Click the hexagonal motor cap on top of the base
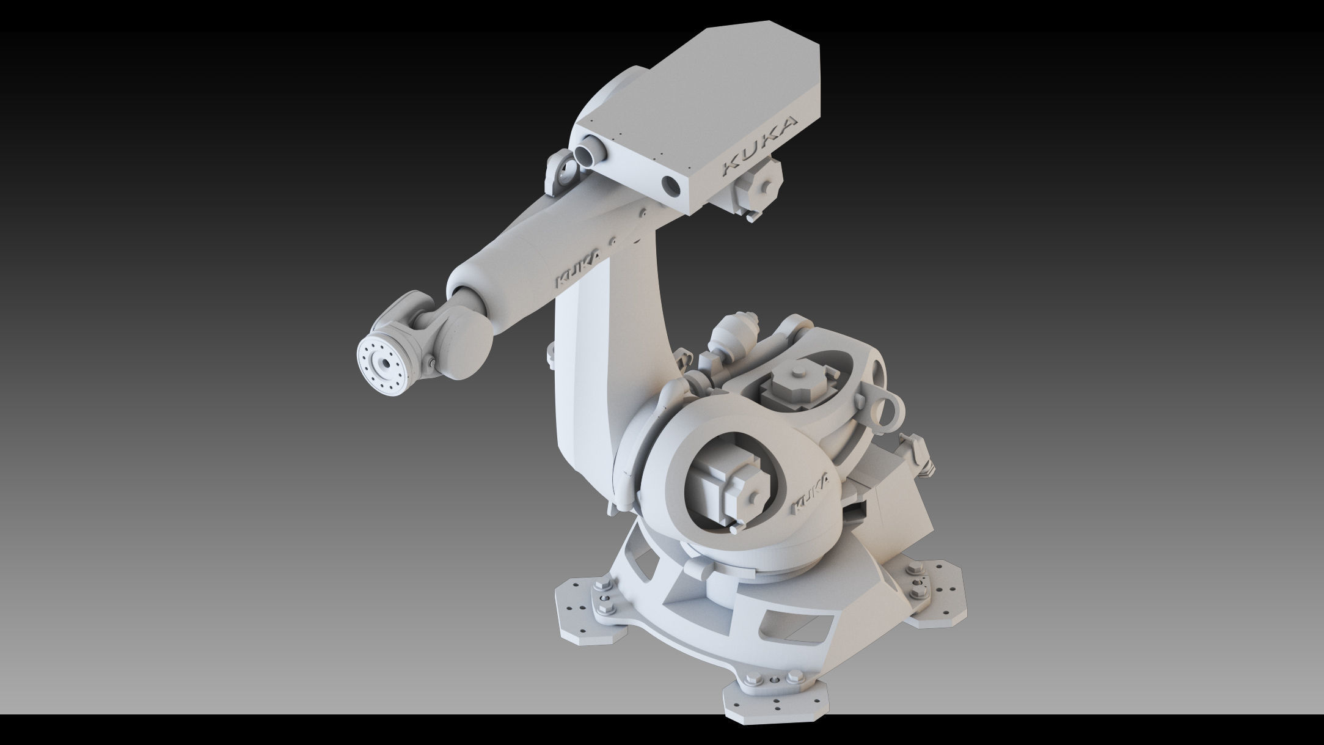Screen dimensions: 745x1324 [x=795, y=387]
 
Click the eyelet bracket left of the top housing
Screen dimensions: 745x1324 [x=560, y=173]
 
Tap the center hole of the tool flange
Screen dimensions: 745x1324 [x=386, y=364]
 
